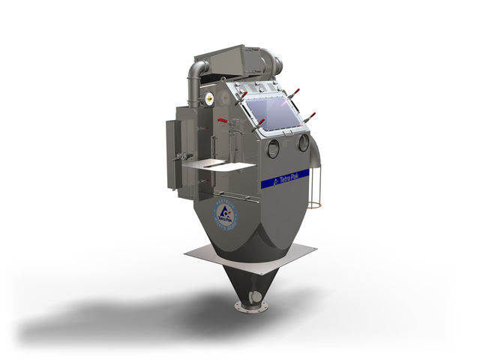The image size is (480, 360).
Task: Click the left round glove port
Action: point(273,148)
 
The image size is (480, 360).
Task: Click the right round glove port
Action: point(304,141)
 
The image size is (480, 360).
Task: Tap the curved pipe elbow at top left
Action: point(196,72)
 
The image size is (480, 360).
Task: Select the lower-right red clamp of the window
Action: point(310,116)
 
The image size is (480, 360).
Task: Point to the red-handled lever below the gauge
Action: point(223,120)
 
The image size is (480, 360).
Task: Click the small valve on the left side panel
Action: point(180,156)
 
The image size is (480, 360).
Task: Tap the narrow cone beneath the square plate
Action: point(250,285)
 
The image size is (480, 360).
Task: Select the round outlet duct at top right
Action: point(277,64)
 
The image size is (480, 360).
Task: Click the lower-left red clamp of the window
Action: point(260,123)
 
